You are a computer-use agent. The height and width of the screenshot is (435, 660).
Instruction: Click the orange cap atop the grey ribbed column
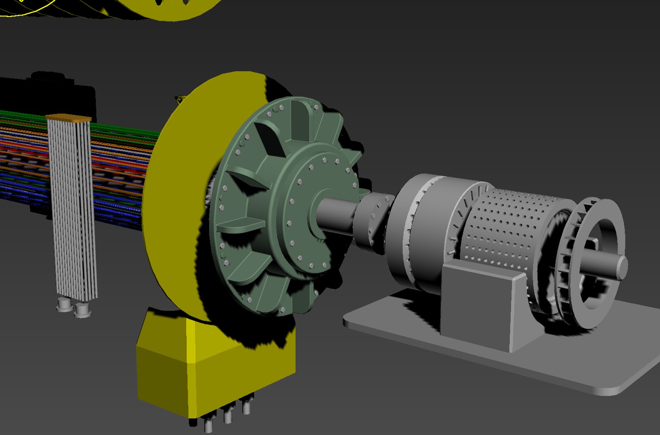pos(68,118)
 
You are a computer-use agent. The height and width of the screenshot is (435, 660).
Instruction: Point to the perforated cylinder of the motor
pos(507,226)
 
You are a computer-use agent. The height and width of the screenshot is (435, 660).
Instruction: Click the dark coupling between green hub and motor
pos(372,220)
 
